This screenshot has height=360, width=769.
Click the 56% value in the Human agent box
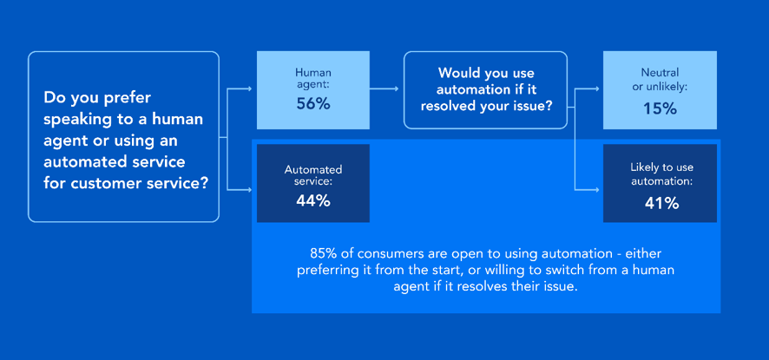313,104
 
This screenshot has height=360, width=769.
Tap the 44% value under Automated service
313,201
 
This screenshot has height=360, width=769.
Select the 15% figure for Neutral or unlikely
660,108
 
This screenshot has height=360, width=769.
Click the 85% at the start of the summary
319,253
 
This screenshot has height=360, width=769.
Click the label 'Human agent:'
313,78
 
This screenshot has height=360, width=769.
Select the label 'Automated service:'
313,175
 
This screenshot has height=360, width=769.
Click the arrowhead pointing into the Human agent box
250,88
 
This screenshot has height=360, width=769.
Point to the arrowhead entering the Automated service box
250,189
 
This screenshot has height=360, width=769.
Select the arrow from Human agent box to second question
384,88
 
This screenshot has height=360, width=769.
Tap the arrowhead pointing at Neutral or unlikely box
596,88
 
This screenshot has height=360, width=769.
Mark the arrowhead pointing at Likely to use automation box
596,189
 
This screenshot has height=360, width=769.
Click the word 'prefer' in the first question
129,98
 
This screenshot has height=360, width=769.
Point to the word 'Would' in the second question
457,73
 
